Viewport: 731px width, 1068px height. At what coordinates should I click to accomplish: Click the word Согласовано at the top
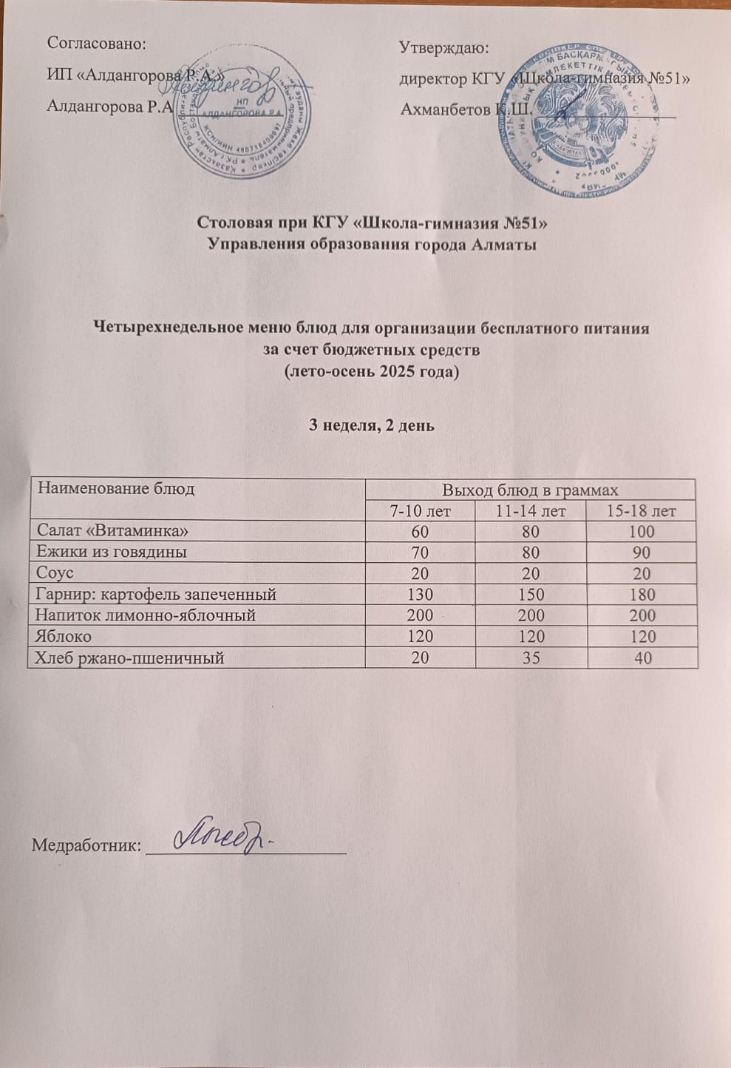96,43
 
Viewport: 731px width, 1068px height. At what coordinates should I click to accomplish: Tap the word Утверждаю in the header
443,48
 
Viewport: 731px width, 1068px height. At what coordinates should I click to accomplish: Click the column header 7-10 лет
421,511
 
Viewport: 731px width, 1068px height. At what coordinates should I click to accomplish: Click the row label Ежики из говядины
112,552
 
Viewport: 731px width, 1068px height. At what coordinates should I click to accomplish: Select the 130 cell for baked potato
421,594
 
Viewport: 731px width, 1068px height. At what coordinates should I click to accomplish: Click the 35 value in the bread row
531,657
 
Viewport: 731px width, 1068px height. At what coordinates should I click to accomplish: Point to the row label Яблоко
64,636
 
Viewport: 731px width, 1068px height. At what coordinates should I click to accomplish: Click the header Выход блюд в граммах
530,490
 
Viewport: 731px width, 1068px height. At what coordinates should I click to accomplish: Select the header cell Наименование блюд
116,489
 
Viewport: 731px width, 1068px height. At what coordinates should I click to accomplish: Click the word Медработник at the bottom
86,845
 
